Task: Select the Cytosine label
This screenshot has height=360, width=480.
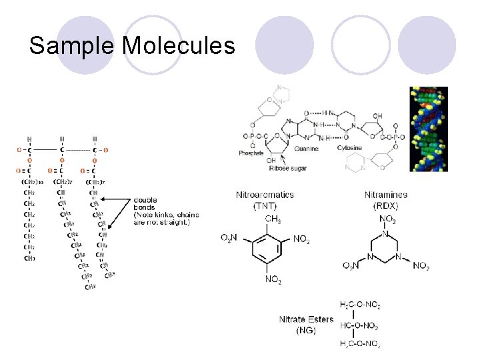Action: tap(350, 147)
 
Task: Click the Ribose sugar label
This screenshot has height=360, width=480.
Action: tap(288, 169)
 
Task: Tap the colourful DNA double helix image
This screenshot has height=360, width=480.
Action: tap(428, 129)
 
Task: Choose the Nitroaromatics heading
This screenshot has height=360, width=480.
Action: tap(265, 195)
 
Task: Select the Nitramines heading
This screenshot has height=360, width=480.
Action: tap(386, 195)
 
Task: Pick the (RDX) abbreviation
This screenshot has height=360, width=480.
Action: tap(386, 205)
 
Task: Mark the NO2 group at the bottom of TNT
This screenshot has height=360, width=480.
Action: tap(273, 281)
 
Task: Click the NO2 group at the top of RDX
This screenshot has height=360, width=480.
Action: tap(387, 219)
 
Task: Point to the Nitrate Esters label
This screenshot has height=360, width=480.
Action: tap(306, 319)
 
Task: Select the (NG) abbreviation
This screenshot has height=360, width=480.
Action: tap(306, 330)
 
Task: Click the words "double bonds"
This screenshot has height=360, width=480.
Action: tap(145, 203)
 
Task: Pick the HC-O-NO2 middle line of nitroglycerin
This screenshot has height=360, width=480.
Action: tap(360, 325)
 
